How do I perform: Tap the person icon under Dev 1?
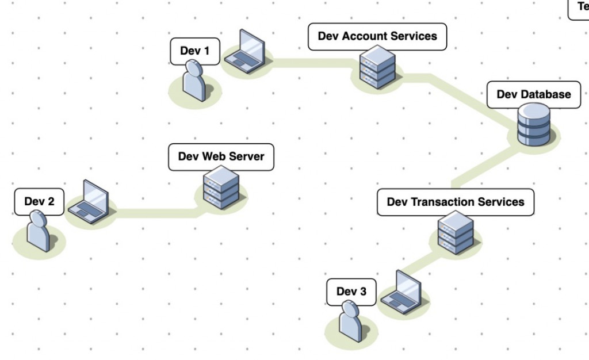click(194, 82)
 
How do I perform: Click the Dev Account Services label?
click(377, 36)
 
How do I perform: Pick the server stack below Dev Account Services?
click(377, 67)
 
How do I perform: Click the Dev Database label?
click(534, 94)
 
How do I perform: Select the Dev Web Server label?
click(221, 157)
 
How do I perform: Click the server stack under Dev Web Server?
click(221, 187)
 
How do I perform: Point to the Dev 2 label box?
click(39, 202)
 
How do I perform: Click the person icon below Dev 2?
click(39, 231)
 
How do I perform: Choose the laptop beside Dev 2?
click(89, 202)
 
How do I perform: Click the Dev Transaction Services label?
click(456, 202)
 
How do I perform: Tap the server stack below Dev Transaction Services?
click(456, 232)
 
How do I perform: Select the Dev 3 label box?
click(351, 292)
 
